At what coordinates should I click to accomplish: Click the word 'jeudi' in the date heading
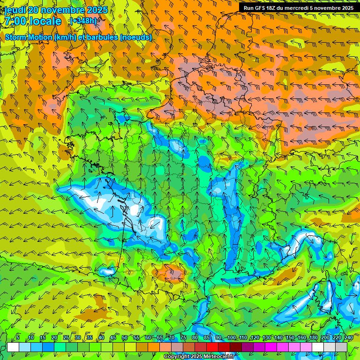click(15, 10)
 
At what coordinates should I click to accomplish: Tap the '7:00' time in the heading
click(15, 21)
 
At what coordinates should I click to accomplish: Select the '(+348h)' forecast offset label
click(83, 21)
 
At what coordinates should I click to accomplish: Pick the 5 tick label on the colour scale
click(18, 338)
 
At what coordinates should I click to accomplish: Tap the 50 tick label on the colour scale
click(125, 338)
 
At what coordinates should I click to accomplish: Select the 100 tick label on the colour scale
click(232, 338)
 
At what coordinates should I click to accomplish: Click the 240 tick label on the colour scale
click(348, 338)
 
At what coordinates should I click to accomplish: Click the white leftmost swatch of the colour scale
click(13, 347)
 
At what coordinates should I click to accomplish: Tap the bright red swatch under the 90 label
click(213, 347)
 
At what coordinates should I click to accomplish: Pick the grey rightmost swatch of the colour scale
click(342, 347)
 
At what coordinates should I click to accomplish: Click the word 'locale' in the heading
click(45, 21)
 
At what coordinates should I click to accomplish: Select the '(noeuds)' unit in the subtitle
click(135, 37)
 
